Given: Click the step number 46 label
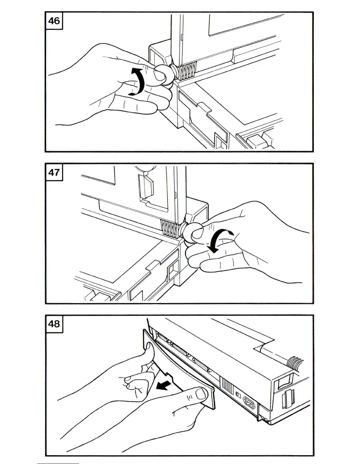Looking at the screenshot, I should pos(54,21).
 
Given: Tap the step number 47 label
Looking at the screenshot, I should pos(54,172).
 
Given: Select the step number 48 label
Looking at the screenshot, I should pos(54,324).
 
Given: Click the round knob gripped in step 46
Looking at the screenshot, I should pos(162,75).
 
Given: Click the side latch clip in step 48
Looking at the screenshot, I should pos(285,396).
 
